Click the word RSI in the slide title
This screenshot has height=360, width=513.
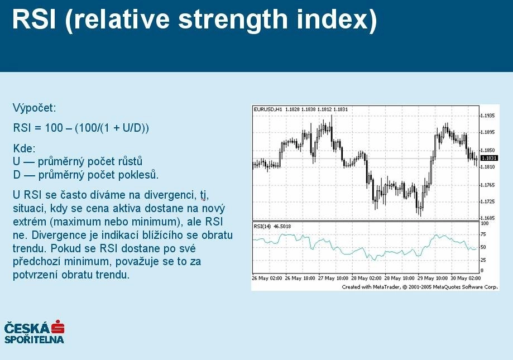(x=34, y=20)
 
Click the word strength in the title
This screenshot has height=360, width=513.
(x=232, y=20)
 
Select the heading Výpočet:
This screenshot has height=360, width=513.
(x=35, y=108)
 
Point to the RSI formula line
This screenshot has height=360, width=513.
(x=81, y=127)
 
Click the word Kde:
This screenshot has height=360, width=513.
(x=24, y=148)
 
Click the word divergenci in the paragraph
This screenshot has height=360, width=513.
(x=170, y=195)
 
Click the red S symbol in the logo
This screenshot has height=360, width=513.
(x=57, y=327)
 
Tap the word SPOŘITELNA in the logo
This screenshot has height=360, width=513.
(x=34, y=339)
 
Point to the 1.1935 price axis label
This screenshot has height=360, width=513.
(x=487, y=116)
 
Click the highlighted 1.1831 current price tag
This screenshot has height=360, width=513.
(x=490, y=159)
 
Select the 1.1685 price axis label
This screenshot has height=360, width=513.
(x=487, y=218)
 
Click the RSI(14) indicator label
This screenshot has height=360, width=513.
(x=262, y=226)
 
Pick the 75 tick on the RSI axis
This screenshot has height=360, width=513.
(x=483, y=234)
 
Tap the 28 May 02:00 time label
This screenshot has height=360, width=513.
(x=366, y=279)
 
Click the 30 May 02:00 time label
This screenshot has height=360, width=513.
(x=466, y=279)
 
